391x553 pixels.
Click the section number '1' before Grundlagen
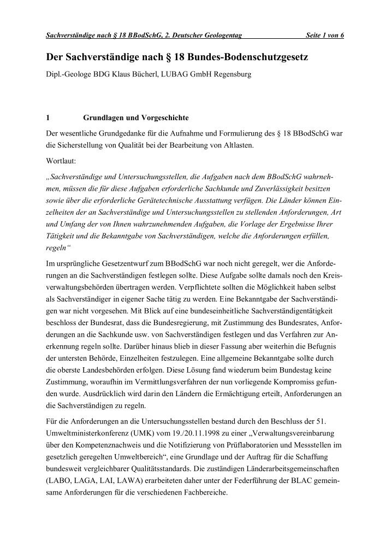48,117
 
